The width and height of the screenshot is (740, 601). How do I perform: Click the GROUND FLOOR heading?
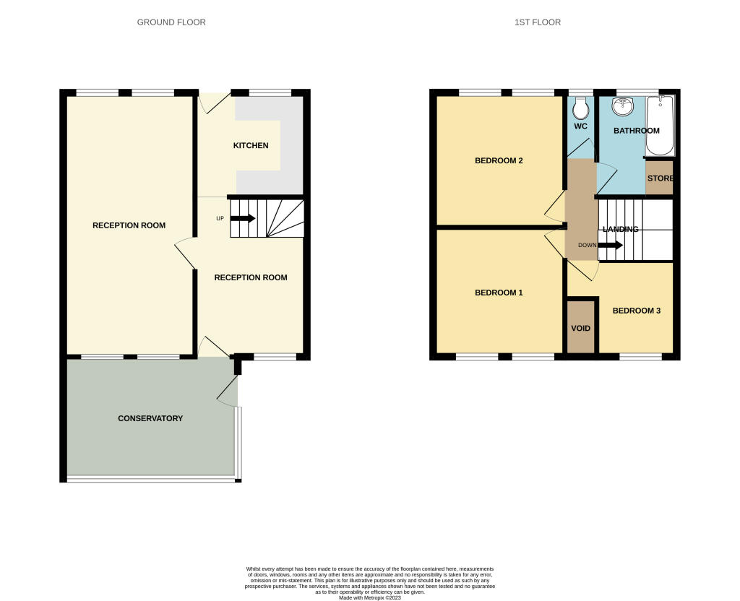coord(171,22)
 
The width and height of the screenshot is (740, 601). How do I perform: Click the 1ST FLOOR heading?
coord(537,22)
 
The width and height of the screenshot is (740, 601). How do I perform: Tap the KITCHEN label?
coord(250,145)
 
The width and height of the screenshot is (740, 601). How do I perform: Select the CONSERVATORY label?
coord(150,418)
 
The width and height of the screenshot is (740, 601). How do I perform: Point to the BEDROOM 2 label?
coord(499,160)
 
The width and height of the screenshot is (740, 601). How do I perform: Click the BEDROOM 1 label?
coord(499,293)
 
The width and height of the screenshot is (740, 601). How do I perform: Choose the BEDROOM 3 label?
coord(637,311)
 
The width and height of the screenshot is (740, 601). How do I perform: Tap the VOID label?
coord(581,329)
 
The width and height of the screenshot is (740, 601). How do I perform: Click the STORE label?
coord(660,178)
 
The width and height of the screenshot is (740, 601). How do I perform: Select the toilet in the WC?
coord(580,109)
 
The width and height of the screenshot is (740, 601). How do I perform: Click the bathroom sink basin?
coord(622,107)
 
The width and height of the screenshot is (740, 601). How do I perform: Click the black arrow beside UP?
coord(243,218)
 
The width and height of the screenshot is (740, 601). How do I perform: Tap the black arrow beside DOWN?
coord(611,245)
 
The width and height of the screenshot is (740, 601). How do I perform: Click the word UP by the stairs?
coord(220,218)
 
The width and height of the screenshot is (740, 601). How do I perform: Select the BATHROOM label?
coord(636,131)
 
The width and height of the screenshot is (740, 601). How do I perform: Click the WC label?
coord(580,126)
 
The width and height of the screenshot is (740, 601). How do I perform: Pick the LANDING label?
coord(619,229)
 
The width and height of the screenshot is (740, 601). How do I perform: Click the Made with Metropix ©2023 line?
coord(370,596)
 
